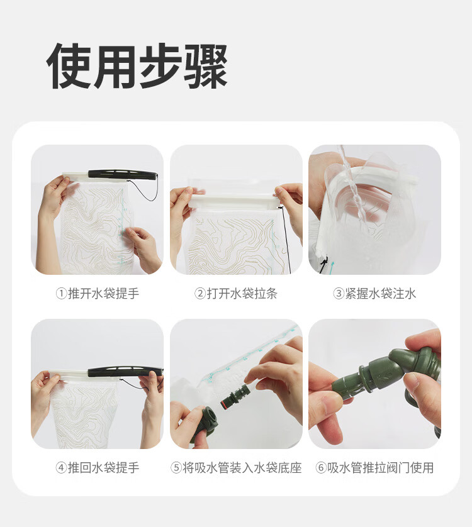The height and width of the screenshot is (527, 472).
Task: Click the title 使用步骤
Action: [x=137, y=66]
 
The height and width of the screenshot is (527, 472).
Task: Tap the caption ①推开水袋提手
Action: [x=97, y=294]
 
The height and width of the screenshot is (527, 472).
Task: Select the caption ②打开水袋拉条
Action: [x=236, y=294]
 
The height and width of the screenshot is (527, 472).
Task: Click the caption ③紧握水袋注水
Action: [x=374, y=294]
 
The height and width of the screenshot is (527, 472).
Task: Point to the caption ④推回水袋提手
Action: [x=97, y=467]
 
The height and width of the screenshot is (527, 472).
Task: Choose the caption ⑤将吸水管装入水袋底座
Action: [x=236, y=467]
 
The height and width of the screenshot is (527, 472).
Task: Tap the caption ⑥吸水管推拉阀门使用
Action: [x=374, y=467]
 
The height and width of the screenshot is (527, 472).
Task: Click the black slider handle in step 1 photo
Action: [x=123, y=174]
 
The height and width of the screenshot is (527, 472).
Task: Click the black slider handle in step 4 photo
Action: [x=125, y=372]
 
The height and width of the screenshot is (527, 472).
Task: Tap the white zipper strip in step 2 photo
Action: [x=235, y=202]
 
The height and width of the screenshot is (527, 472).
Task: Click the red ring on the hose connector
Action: [x=223, y=403]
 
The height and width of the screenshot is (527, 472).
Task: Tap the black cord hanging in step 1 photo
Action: [x=143, y=191]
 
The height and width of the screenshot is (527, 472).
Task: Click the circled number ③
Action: [x=339, y=294]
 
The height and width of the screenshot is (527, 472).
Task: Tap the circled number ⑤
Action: [x=176, y=468]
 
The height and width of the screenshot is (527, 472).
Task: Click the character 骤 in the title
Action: [x=206, y=66]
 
